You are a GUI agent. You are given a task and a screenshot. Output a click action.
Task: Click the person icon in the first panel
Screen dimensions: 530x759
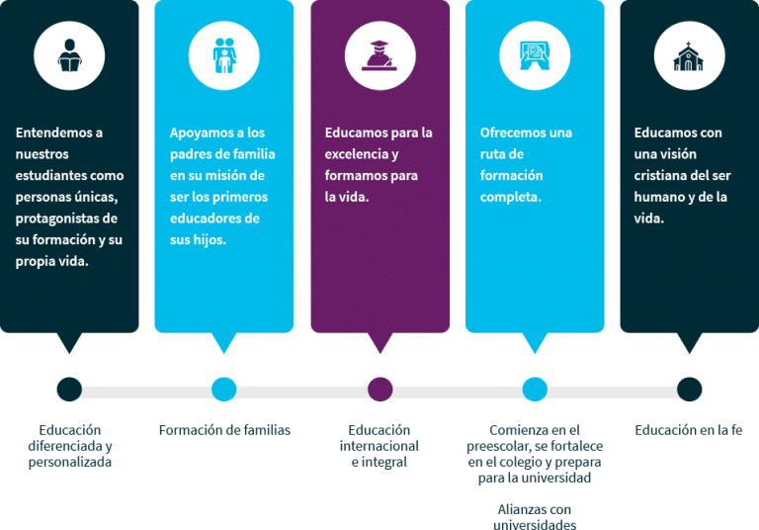click(x=69, y=53)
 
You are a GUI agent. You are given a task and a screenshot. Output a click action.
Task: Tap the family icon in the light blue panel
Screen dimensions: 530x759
click(x=223, y=53)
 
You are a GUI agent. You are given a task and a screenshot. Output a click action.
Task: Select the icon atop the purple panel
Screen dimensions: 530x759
click(x=379, y=53)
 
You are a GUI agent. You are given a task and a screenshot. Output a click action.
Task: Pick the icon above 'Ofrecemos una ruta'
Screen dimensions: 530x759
click(x=535, y=53)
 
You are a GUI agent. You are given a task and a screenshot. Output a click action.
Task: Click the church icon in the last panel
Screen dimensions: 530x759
click(x=690, y=53)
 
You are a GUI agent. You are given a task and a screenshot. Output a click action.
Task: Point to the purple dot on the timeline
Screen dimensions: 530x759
click(x=379, y=389)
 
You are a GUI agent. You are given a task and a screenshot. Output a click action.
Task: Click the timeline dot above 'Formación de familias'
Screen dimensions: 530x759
click(x=224, y=389)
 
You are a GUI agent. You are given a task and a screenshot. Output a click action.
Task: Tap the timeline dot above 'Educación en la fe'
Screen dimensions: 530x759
click(x=690, y=389)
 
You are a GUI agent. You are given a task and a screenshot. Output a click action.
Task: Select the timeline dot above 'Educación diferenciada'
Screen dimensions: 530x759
click(x=69, y=389)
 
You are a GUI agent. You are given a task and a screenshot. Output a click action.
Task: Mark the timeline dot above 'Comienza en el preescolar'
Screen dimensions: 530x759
click(x=535, y=389)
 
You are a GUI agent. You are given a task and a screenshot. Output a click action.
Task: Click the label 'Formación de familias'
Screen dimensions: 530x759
click(x=224, y=430)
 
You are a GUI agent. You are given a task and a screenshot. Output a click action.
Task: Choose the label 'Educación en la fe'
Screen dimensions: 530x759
click(x=688, y=430)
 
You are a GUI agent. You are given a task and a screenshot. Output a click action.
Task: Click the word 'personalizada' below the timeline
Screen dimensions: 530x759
click(x=70, y=462)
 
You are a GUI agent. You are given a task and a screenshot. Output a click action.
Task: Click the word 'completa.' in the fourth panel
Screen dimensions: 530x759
click(x=511, y=198)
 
